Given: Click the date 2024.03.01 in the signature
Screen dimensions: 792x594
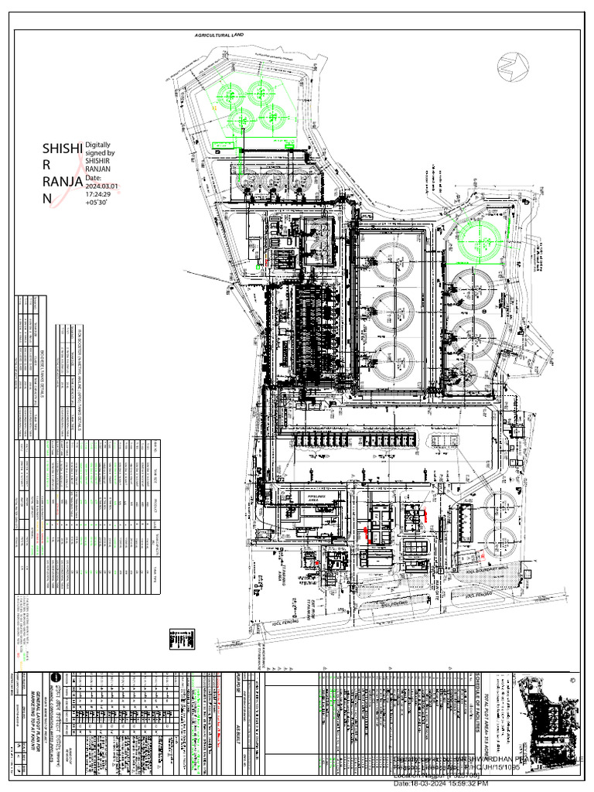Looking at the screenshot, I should [102, 186].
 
